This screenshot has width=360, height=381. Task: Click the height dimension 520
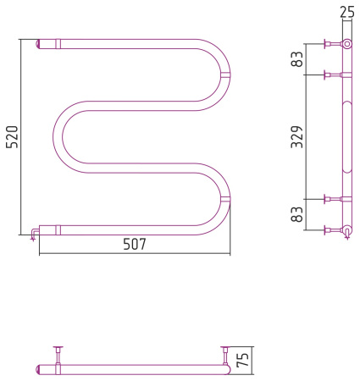coord(13,137)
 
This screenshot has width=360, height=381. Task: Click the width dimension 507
coord(135,244)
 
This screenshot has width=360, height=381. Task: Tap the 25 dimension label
coord(346,13)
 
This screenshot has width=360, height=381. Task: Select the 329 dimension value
coord(297,137)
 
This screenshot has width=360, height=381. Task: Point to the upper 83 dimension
coord(297,59)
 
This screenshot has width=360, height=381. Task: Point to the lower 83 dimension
coord(297,214)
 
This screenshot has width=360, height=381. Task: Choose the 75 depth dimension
coord(242,360)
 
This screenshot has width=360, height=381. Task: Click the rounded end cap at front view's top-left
coord(38,44)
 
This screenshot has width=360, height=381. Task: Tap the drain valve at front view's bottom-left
coord(34,235)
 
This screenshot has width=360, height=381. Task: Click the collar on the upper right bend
coord(225,75)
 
